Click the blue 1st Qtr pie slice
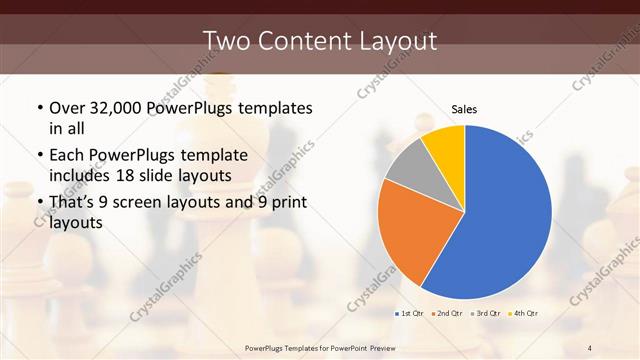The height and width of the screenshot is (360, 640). pyautogui.click(x=505, y=215)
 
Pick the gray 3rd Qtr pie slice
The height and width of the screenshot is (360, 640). pyautogui.click(x=406, y=167)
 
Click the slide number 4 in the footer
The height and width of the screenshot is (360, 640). pyautogui.click(x=590, y=347)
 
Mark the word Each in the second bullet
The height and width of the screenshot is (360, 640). pyautogui.click(x=67, y=155)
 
